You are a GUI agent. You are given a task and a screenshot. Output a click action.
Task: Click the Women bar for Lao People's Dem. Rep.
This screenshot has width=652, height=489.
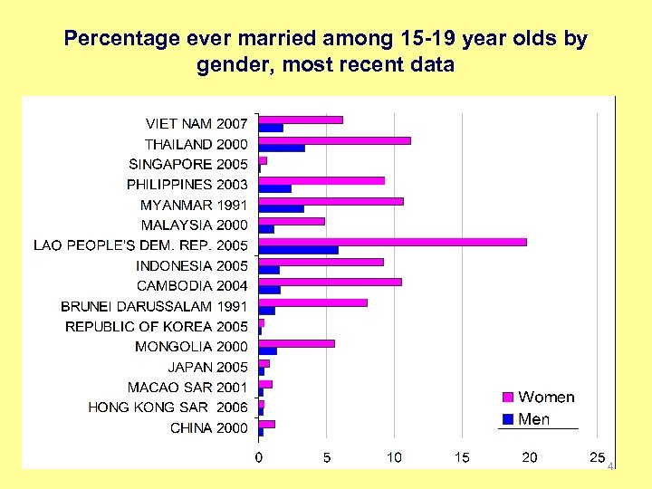point(392,242)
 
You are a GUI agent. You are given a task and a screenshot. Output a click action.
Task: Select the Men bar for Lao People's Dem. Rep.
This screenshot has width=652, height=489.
point(299,250)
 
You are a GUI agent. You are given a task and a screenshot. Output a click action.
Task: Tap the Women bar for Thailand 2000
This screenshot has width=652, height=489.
point(334,140)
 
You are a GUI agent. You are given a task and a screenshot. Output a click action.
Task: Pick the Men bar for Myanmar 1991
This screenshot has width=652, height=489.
point(282,209)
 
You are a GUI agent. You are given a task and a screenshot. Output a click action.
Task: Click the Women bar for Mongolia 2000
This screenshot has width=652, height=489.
point(296,343)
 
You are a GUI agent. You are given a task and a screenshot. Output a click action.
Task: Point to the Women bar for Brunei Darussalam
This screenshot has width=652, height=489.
point(312,302)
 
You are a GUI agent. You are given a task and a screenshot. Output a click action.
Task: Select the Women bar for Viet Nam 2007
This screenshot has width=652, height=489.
point(301,120)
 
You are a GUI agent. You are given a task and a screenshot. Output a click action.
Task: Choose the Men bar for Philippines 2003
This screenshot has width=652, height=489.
point(275,188)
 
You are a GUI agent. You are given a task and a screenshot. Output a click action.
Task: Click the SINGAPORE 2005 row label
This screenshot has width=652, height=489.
point(188,164)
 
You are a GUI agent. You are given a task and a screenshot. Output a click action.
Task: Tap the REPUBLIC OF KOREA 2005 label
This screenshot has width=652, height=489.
point(157,326)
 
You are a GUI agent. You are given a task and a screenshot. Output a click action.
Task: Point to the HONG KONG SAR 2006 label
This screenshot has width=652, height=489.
point(168,407)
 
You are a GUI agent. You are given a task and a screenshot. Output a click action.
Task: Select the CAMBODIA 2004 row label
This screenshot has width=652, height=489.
point(192,285)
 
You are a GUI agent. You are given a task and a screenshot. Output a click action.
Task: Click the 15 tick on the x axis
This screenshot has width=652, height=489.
point(462,457)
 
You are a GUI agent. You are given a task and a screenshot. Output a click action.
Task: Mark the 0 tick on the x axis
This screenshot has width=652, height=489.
point(259,457)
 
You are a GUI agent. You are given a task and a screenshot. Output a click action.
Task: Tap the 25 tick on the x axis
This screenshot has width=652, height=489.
point(597,457)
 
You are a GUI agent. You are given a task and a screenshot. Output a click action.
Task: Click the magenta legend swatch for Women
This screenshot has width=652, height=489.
point(508,398)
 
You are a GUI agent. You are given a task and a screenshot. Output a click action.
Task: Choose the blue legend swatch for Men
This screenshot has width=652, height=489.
point(508,419)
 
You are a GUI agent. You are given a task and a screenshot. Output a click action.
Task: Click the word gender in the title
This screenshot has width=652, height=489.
point(226,66)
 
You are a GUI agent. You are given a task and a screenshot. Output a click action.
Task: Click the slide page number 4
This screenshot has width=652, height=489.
point(610,466)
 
